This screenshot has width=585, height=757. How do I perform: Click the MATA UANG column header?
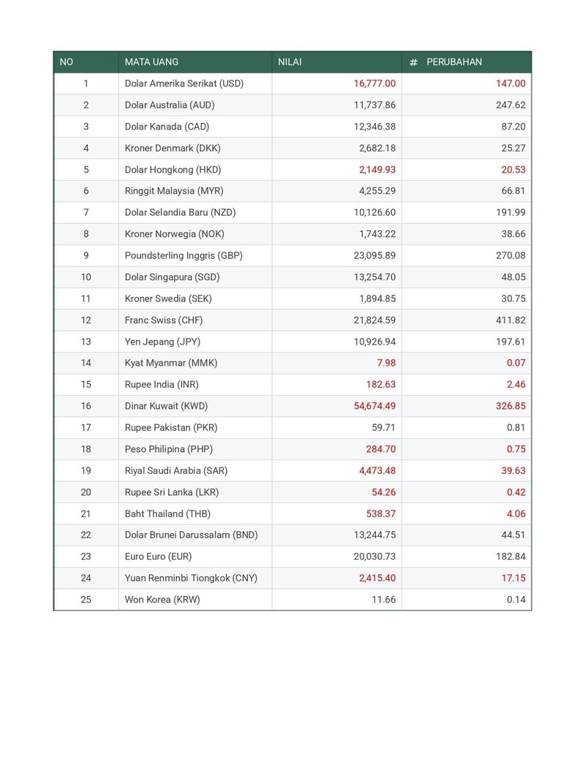point(151,62)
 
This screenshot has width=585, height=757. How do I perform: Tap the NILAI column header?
point(290,62)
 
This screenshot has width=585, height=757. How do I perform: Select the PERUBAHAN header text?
point(454,62)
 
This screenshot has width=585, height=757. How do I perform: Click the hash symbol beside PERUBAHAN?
point(413,62)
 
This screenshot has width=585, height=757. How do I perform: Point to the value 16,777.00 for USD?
point(374,83)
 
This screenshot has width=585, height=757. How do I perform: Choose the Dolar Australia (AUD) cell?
point(170,105)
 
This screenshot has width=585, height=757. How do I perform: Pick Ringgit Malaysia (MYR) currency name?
point(174,191)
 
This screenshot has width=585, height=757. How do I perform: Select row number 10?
point(86,277)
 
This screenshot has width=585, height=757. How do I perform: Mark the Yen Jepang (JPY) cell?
point(162,342)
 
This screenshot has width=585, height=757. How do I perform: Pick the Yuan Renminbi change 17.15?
point(512,578)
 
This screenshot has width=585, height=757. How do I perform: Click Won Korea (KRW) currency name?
point(162,600)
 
